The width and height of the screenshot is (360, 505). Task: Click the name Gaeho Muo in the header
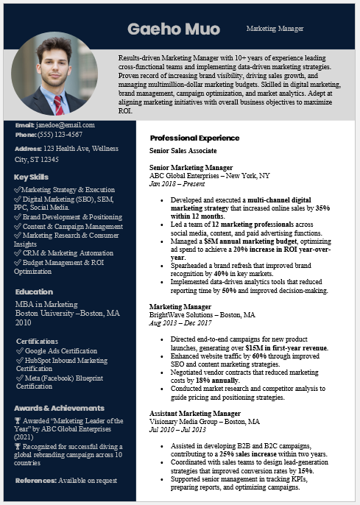(x=173, y=29)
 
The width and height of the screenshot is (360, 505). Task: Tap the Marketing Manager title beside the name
(x=275, y=29)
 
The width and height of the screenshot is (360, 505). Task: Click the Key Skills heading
(x=31, y=177)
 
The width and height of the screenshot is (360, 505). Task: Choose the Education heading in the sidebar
(x=34, y=292)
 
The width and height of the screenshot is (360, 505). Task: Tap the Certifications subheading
(x=37, y=342)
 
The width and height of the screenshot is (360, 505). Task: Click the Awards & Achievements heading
(x=59, y=408)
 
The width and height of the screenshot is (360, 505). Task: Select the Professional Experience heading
(x=194, y=138)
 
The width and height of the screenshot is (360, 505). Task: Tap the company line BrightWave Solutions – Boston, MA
(x=202, y=314)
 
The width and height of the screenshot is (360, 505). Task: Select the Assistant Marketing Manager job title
(x=194, y=414)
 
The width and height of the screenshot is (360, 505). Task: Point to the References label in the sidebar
(x=35, y=481)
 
